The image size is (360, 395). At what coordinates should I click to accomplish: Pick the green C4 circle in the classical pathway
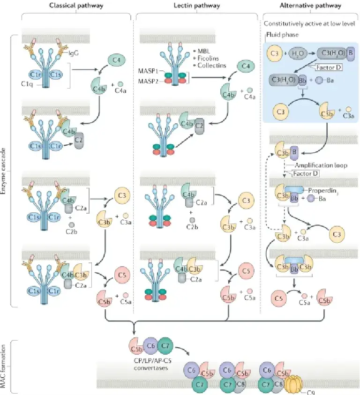pyautogui.click(x=117, y=60)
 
